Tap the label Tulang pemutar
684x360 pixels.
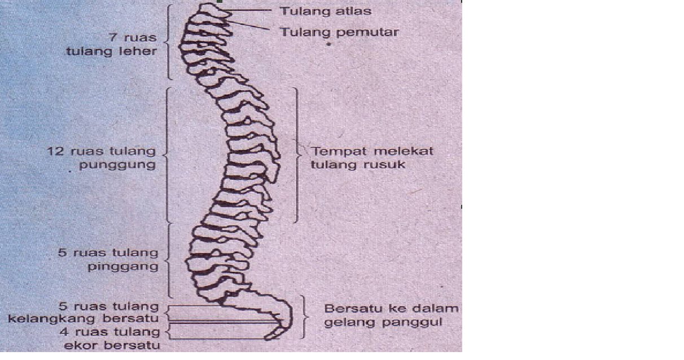(x=339, y=32)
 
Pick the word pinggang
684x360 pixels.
(x=123, y=267)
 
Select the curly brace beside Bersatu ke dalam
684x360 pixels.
(x=305, y=315)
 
